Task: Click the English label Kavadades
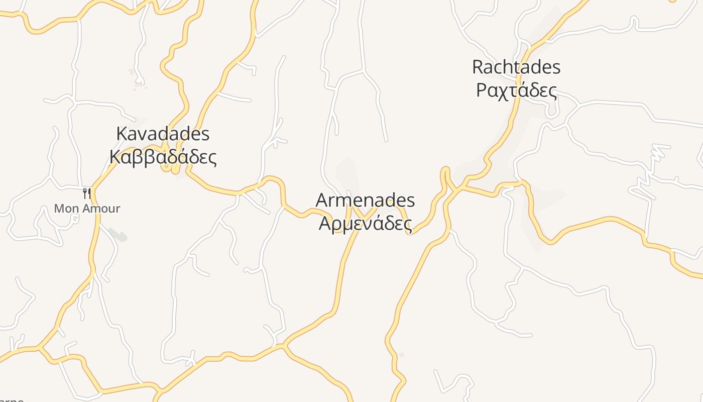(x=163, y=134)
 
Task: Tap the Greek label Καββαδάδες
(x=163, y=157)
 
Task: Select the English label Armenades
(x=365, y=200)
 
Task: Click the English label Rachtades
(x=516, y=67)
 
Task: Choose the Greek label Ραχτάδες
(x=516, y=90)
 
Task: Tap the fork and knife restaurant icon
(x=86, y=193)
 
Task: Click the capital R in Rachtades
(x=478, y=67)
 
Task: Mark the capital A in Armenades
(x=322, y=200)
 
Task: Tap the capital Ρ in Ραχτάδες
(x=482, y=90)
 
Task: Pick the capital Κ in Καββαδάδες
(x=115, y=157)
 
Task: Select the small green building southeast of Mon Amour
(x=118, y=234)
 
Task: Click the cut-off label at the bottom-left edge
(x=11, y=399)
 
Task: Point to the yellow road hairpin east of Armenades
(x=444, y=173)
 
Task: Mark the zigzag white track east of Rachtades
(x=653, y=171)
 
